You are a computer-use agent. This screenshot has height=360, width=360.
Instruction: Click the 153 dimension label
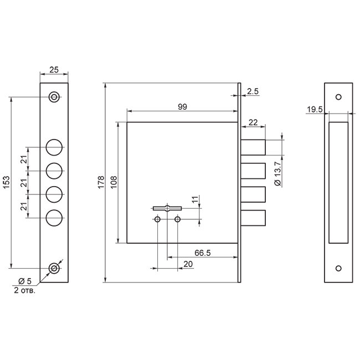point(7,182)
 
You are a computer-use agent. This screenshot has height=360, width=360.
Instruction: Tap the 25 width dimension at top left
point(54,70)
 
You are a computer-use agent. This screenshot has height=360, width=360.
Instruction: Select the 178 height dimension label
point(101,182)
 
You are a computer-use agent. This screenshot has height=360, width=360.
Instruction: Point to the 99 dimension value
point(182,107)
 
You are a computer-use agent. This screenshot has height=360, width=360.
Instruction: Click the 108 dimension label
point(114,182)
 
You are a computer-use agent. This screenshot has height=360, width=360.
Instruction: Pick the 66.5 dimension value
point(203,253)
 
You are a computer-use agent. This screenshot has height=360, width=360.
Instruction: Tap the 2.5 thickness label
point(253,91)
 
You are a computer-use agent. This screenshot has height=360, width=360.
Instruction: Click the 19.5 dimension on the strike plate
point(315,110)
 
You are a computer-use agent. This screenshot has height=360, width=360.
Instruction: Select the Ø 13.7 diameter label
point(277,173)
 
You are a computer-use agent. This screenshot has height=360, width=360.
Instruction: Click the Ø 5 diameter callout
point(25,281)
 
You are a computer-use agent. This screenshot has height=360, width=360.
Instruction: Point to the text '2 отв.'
point(24,290)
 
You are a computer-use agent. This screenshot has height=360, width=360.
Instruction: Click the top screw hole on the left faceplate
point(54,97)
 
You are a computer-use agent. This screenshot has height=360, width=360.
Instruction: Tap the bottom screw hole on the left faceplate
point(54,268)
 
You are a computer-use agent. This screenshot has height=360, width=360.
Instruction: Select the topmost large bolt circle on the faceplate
point(54,147)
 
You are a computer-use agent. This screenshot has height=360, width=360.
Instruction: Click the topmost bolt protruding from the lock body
point(253,147)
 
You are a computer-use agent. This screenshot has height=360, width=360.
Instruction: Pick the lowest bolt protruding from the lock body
point(253,218)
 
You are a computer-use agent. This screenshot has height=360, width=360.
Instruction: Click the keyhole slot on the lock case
point(167,208)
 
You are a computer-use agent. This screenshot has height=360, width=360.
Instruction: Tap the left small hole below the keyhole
point(157,219)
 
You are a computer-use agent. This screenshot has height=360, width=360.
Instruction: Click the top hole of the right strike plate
point(338,97)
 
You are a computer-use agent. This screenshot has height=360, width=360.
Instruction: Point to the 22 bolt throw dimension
point(253,122)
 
